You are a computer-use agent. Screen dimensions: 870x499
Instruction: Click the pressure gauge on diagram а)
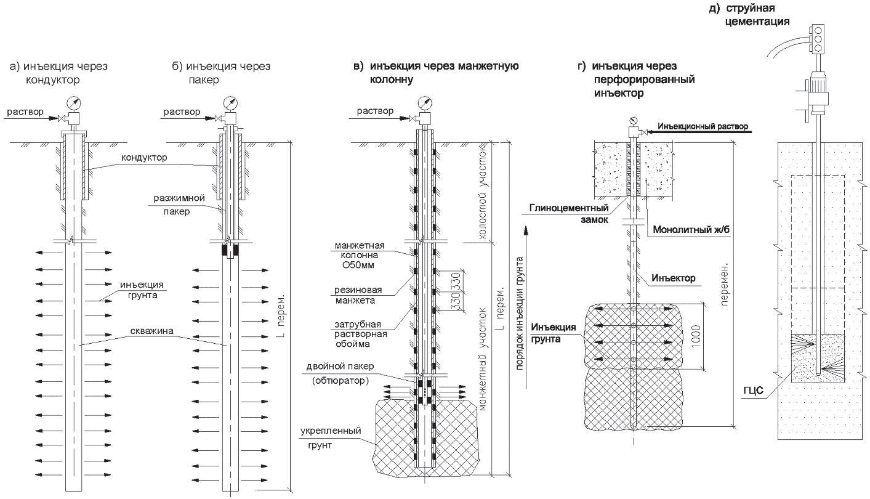coord(74,103)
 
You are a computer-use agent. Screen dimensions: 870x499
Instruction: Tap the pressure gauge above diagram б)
coord(230,103)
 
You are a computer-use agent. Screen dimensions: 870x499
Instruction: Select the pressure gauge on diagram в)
coord(425,103)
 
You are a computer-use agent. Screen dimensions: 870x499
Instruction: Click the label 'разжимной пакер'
coord(179,205)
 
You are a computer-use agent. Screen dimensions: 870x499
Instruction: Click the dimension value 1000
coord(696,336)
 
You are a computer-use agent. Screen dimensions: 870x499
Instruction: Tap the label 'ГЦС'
coord(754,390)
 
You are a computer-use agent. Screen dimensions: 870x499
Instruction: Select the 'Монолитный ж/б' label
coord(691,229)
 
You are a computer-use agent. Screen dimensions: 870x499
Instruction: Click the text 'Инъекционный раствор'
coord(703,126)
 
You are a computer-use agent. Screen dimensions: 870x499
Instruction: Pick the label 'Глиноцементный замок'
coord(569,214)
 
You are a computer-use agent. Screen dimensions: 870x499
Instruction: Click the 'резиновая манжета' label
coord(358,295)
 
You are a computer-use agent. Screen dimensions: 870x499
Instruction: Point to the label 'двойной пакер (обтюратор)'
coord(340,373)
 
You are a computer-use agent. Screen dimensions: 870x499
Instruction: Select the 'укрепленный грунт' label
coord(331,437)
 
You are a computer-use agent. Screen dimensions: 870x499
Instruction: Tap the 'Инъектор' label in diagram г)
coord(673,278)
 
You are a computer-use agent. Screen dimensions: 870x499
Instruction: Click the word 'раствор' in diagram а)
coord(25,112)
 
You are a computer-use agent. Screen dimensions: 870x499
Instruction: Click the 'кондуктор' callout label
coord(144,157)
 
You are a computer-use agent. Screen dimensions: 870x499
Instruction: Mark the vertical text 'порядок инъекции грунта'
coord(519,313)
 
